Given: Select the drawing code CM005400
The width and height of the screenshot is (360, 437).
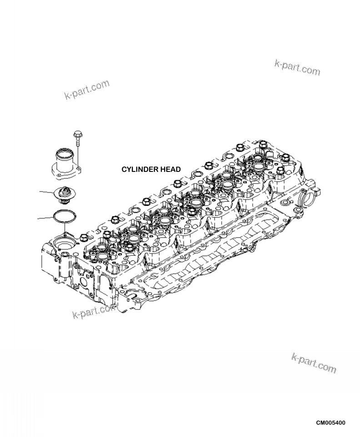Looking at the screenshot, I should (x=330, y=423).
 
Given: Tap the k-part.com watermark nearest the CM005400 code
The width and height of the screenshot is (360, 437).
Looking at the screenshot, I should (x=314, y=362).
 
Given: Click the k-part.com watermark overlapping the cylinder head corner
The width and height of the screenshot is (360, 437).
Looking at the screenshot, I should (x=94, y=311).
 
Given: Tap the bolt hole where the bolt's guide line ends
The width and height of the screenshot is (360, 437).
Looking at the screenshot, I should (x=79, y=169).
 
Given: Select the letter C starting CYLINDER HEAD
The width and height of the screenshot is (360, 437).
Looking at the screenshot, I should (x=124, y=170).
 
